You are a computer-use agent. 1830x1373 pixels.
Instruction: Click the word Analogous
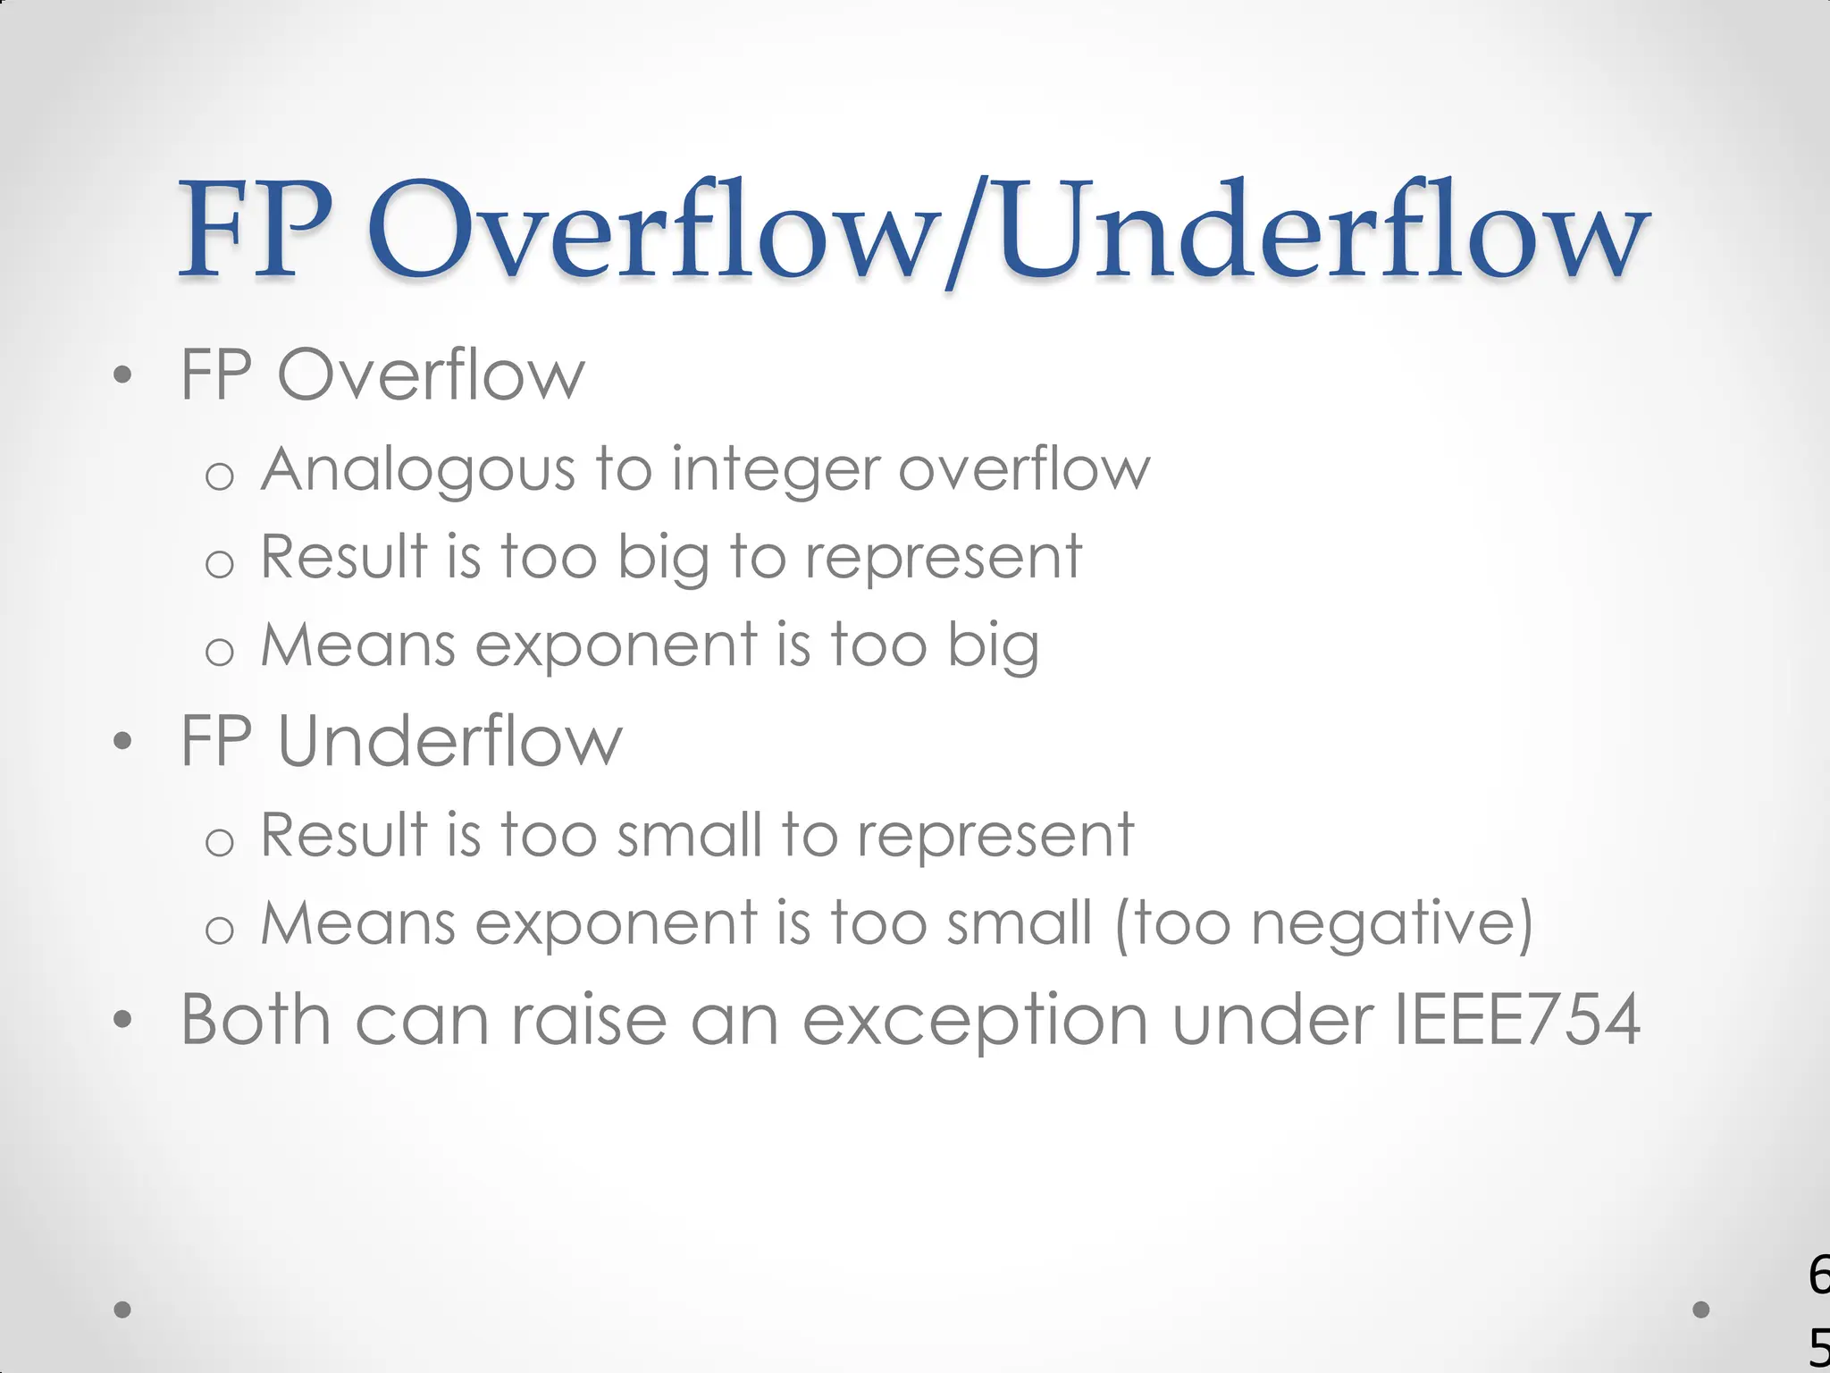click(x=417, y=470)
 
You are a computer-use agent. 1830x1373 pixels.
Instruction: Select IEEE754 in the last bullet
click(x=1517, y=1019)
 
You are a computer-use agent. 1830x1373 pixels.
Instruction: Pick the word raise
click(x=589, y=1019)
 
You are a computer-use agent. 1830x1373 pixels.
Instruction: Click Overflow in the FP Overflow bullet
click(x=431, y=375)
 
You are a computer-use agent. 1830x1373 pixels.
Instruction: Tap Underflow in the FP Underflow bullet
click(x=449, y=742)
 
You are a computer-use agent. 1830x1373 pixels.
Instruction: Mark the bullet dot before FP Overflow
click(x=123, y=375)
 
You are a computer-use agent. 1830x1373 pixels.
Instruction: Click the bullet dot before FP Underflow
click(x=123, y=741)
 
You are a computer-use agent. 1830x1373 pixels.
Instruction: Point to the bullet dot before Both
click(x=123, y=1019)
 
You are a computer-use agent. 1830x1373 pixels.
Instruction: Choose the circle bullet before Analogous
click(x=219, y=476)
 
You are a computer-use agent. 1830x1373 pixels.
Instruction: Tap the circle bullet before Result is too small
click(x=219, y=842)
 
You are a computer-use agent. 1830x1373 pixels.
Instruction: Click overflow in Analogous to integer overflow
click(x=1024, y=470)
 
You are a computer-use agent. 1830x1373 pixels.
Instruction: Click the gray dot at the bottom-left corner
click(x=123, y=1310)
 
